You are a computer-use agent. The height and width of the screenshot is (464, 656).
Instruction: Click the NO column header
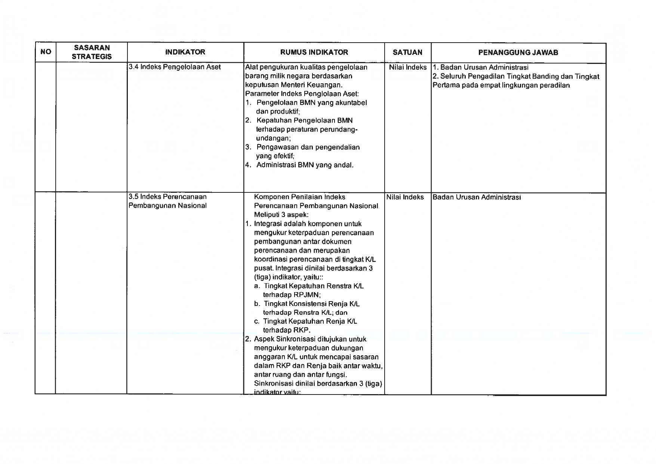point(46,52)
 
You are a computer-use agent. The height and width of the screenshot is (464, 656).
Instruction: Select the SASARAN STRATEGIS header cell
point(92,52)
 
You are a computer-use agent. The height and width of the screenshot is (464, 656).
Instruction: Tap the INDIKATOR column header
point(185,52)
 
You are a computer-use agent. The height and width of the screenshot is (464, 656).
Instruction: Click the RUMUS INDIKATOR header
point(314,52)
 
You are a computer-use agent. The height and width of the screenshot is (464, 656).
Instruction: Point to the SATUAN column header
point(407,52)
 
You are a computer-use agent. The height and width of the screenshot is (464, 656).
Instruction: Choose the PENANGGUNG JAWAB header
point(518,53)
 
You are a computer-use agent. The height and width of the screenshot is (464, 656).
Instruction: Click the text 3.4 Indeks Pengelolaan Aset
point(175,67)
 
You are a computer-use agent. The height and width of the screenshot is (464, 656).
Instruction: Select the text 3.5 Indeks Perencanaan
point(167,197)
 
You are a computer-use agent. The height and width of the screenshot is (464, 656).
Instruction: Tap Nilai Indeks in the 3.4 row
point(407,67)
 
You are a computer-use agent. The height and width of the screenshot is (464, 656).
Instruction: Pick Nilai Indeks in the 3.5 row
point(405,197)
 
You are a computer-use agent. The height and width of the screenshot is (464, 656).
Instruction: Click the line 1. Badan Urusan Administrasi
point(481,68)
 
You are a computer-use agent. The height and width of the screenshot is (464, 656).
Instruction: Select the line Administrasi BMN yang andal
point(305,165)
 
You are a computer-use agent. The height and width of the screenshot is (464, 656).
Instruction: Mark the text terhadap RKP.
point(287,330)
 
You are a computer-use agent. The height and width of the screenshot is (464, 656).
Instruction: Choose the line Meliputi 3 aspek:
point(281,215)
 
